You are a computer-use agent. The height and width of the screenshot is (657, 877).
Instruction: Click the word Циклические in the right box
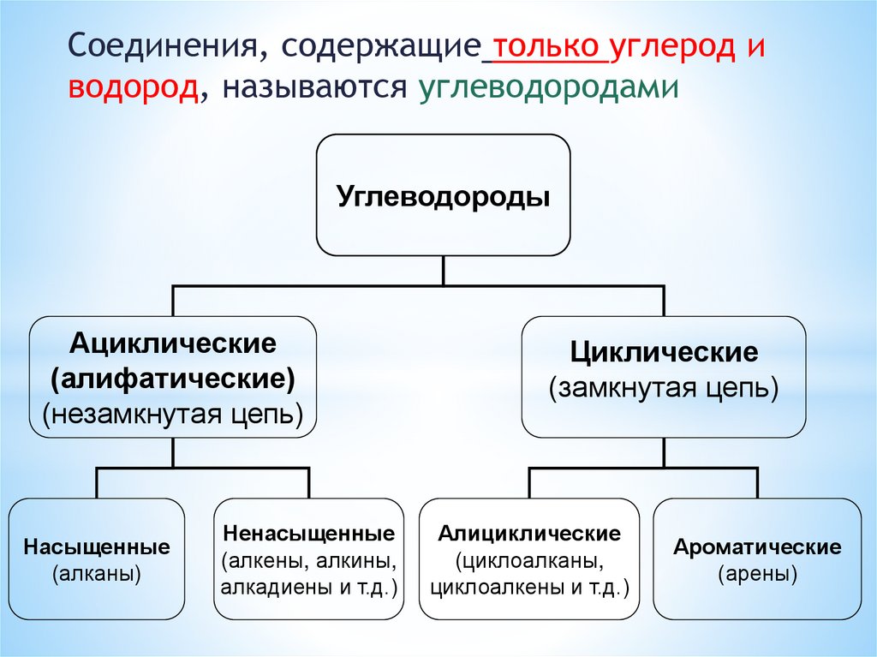click(664, 352)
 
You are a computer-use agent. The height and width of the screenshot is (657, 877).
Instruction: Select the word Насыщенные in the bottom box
click(97, 547)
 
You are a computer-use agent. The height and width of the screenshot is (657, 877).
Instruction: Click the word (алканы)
click(97, 573)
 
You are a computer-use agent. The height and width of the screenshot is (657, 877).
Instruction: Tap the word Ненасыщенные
click(308, 533)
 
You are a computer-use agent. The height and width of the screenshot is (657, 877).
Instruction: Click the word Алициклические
click(530, 534)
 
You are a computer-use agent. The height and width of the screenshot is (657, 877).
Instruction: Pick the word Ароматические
click(757, 547)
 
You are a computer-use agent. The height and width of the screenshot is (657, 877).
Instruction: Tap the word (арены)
click(757, 573)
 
